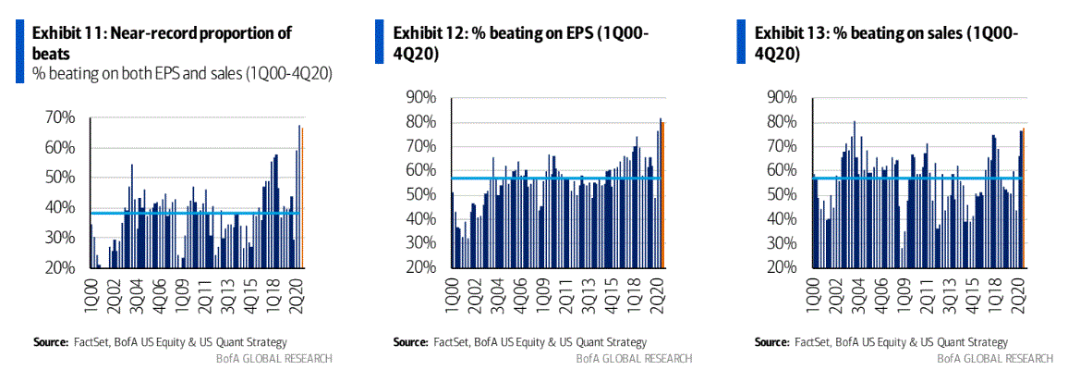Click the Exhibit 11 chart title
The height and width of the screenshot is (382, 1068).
(x=163, y=40)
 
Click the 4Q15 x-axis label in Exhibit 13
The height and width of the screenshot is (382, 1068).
(x=948, y=297)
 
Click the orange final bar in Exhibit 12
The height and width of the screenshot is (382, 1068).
(x=662, y=194)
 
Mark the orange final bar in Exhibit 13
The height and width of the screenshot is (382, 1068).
(x=1024, y=198)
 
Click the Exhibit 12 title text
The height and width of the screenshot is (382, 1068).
(x=521, y=43)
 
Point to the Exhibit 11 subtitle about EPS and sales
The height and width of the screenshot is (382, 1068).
(x=182, y=73)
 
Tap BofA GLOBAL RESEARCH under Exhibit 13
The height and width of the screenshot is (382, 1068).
(x=995, y=358)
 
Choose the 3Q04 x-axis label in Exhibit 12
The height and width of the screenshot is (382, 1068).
(x=496, y=297)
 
